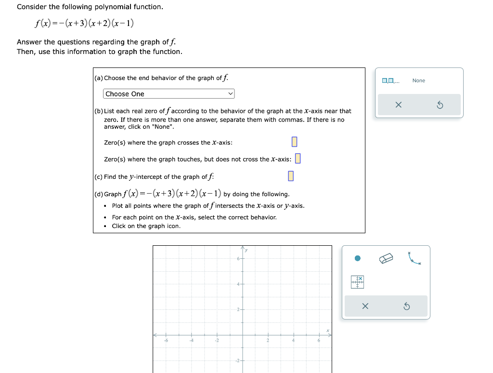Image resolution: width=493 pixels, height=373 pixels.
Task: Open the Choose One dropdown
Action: [169, 94]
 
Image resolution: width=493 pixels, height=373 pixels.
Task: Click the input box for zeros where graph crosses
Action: [295, 142]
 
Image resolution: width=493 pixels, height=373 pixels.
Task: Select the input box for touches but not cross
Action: [298, 159]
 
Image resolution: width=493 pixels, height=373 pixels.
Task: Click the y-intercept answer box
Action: [291, 176]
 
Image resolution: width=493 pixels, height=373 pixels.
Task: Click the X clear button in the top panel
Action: [398, 105]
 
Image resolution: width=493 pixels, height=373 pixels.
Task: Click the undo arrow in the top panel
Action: [440, 105]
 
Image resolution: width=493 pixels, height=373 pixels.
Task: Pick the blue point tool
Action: [357, 258]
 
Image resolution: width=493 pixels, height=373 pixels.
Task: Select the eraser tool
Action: [386, 259]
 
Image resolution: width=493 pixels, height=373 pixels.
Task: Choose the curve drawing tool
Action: [414, 259]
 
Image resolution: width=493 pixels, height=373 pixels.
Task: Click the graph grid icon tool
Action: [357, 282]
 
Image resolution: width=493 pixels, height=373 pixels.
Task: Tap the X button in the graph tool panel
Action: [364, 306]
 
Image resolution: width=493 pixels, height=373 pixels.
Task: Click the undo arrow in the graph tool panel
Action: [406, 306]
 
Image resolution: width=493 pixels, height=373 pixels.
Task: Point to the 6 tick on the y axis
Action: [238, 259]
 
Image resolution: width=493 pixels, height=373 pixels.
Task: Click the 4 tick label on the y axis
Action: [238, 284]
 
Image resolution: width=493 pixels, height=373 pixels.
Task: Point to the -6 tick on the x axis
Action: [166, 340]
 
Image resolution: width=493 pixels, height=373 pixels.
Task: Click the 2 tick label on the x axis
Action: [268, 340]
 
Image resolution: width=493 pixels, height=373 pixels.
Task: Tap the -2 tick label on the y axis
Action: [237, 360]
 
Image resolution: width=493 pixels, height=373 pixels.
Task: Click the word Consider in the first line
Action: [32, 7]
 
